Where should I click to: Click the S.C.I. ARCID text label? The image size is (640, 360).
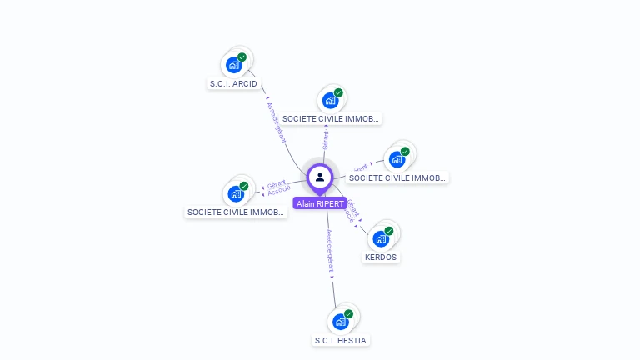click(x=233, y=83)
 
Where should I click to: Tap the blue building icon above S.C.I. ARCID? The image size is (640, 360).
click(x=234, y=65)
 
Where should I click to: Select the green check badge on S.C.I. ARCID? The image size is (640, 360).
click(x=242, y=57)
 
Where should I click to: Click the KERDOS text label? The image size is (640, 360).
click(x=381, y=257)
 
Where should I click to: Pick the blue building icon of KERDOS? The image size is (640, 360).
click(x=381, y=238)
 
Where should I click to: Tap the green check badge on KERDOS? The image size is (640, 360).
click(x=389, y=231)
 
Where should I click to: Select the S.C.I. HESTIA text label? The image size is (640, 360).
click(x=340, y=340)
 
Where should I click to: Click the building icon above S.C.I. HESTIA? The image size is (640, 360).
click(x=340, y=322)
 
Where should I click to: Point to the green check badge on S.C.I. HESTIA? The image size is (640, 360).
click(x=348, y=314)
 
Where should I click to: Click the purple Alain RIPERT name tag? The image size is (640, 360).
click(x=320, y=203)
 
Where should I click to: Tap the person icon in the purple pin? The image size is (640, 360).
click(x=320, y=177)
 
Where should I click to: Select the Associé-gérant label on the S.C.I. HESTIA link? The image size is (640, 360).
click(x=330, y=252)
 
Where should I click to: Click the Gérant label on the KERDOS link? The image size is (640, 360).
click(x=353, y=207)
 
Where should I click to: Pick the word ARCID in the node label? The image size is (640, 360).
click(x=245, y=83)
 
